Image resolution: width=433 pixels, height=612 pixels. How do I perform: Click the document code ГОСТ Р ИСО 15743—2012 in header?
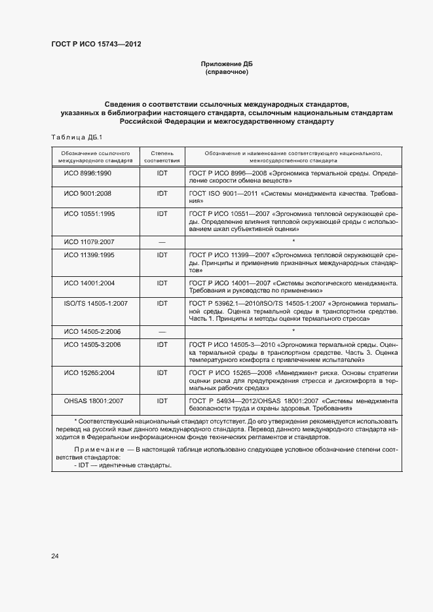pos(96,45)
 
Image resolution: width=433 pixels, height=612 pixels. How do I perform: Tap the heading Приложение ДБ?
pos(226,63)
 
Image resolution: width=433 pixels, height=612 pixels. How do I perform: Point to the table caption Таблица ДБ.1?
pos(73,136)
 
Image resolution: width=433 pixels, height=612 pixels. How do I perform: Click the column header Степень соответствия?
pos(162,156)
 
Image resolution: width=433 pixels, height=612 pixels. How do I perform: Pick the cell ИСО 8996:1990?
pos(88,173)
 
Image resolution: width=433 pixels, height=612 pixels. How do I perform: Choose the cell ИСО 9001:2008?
pos(88,194)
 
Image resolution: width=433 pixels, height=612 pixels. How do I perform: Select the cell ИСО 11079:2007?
pos(88,242)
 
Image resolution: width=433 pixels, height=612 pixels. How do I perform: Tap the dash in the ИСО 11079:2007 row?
pos(162,242)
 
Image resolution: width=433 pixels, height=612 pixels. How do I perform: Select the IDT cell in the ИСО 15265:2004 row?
pos(162,372)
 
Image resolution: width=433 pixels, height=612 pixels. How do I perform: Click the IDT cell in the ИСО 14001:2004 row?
pos(162,283)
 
